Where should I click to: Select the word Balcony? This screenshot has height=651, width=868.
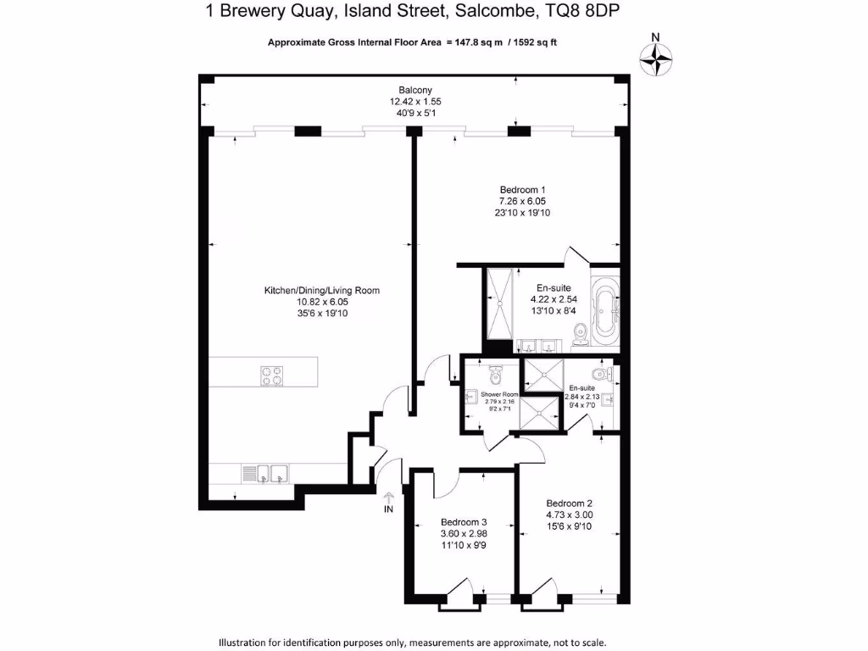[415, 90]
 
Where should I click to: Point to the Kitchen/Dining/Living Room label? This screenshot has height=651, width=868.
[321, 290]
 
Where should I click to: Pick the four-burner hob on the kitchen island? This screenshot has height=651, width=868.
[271, 375]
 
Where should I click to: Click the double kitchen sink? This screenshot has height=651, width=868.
[264, 474]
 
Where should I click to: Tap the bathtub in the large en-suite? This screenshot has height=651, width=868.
[605, 313]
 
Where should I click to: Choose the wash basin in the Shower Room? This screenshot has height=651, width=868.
[469, 396]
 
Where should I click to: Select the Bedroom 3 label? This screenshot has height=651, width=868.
[464, 522]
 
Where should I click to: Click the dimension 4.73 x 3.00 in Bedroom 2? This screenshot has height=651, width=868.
[569, 514]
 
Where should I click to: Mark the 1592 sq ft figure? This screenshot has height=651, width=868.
[544, 42]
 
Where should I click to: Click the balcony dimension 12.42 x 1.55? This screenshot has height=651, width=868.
[415, 101]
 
